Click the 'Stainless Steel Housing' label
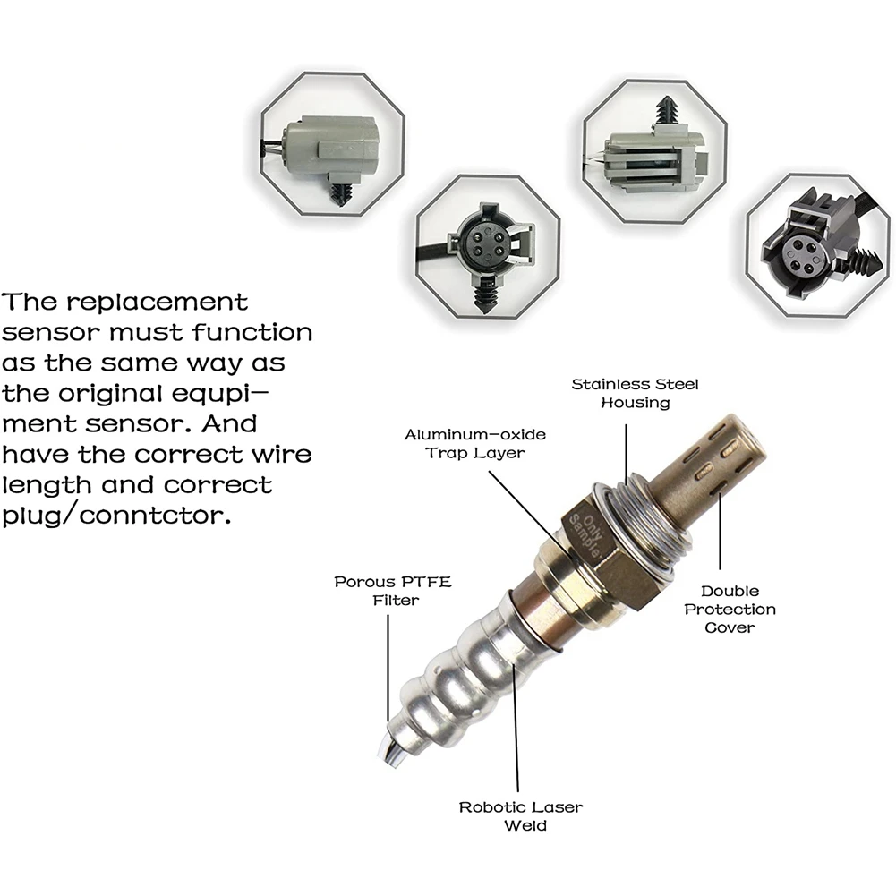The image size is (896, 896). [635, 393]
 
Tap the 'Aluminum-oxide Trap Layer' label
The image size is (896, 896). [475, 443]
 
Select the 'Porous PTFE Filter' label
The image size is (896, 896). [393, 591]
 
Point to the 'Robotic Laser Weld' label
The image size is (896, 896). [521, 816]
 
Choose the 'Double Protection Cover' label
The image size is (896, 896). [730, 610]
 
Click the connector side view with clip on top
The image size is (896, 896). [655, 154]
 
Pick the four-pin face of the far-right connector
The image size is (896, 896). [797, 255]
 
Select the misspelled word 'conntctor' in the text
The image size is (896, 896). [155, 516]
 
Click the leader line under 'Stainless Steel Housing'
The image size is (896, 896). [626, 454]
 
